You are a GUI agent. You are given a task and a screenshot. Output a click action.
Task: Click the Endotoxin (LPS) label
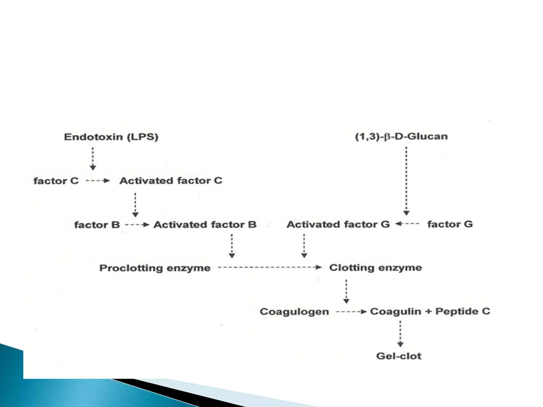click(x=111, y=137)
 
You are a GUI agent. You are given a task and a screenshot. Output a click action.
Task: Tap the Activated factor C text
click(x=171, y=181)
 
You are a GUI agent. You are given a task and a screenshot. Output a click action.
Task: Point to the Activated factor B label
click(x=205, y=225)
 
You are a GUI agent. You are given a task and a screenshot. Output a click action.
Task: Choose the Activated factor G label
click(x=338, y=224)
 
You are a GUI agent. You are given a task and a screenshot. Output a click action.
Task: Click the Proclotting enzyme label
click(x=155, y=268)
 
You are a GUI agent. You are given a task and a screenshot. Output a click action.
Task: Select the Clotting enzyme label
click(x=375, y=268)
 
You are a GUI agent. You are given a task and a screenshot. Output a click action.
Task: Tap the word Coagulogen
click(x=294, y=312)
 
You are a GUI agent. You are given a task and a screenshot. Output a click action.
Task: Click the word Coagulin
click(x=395, y=311)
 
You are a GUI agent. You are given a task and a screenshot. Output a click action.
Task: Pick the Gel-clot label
click(x=399, y=356)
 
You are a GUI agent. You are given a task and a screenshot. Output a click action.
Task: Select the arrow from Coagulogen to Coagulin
click(x=351, y=312)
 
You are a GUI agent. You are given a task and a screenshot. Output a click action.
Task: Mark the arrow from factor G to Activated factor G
click(x=408, y=224)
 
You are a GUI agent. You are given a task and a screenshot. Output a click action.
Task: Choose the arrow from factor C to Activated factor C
click(x=98, y=181)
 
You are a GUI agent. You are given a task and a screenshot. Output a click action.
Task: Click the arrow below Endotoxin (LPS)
click(x=93, y=158)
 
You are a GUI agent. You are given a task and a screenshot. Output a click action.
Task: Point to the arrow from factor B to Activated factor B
click(x=137, y=225)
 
